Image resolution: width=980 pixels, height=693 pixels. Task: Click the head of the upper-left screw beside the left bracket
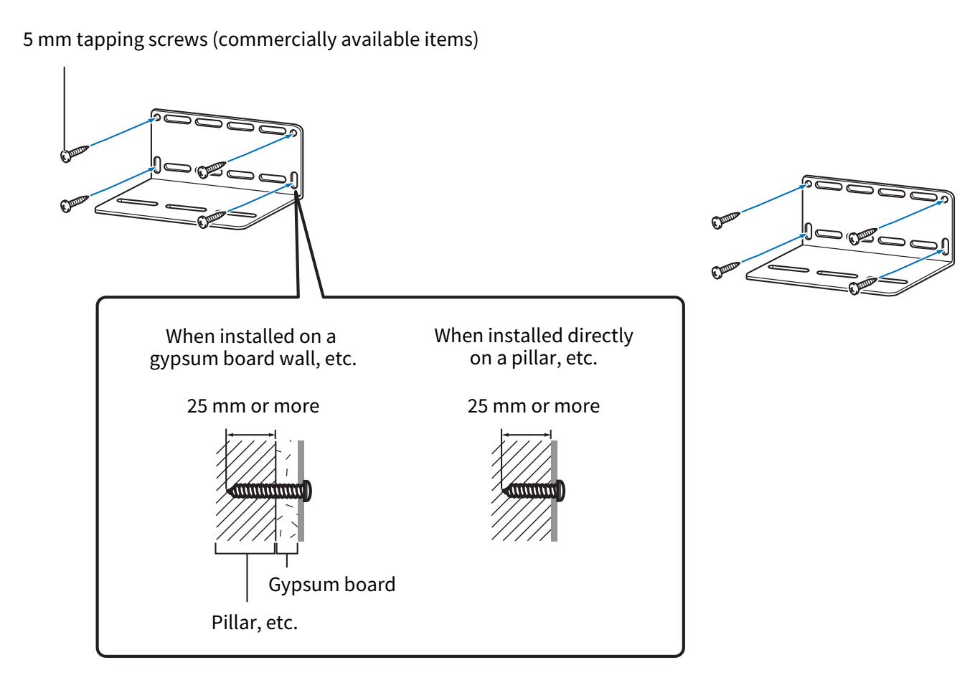coord(66,155)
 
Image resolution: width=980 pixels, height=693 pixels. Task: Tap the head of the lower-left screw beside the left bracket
coord(66,206)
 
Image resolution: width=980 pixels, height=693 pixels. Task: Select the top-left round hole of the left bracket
coord(157,117)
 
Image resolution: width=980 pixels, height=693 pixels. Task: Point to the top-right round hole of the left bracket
coord(295,133)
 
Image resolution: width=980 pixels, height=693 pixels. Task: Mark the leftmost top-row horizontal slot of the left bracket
coord(175,119)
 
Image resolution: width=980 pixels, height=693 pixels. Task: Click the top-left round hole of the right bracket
coord(809,184)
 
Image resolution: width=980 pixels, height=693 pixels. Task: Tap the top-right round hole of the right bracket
coord(946,200)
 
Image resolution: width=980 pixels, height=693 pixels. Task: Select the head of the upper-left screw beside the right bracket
coord(717,222)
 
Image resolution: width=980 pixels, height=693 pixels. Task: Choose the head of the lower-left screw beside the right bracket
coord(717,272)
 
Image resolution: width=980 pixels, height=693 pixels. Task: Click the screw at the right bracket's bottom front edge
coord(855,288)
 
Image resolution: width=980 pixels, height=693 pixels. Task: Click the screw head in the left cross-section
coord(308,491)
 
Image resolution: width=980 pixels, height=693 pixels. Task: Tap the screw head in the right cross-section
coord(561,491)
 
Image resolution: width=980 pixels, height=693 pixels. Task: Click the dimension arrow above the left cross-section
coord(250,433)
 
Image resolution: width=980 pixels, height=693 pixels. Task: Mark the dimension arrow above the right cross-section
coord(526,433)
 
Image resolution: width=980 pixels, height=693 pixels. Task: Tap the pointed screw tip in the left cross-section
coord(230,491)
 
